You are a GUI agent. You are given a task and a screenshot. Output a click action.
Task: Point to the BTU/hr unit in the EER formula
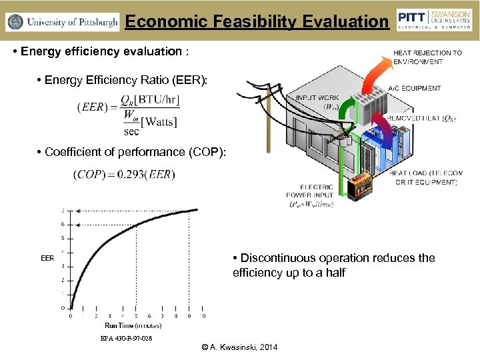(x=156, y=100)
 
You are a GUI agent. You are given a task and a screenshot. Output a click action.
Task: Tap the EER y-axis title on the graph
(x=47, y=257)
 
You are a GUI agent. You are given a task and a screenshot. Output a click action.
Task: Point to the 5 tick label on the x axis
(x=136, y=316)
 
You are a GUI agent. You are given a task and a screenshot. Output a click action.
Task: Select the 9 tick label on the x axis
(x=190, y=316)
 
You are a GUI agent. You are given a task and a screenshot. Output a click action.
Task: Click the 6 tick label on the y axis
(x=63, y=224)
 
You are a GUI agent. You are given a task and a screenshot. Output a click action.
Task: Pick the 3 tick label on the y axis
(x=63, y=266)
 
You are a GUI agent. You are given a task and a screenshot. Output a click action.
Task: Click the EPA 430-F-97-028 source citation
(x=125, y=339)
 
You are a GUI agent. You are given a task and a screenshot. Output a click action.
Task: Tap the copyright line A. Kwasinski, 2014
(x=240, y=347)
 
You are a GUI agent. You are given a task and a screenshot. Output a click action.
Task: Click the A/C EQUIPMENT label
(x=414, y=88)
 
